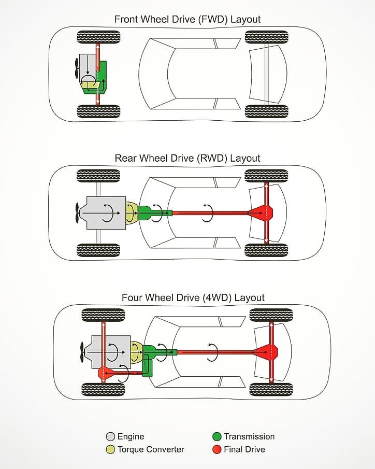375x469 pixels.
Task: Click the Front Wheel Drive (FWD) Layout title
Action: (x=187, y=19)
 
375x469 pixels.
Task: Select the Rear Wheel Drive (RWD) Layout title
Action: (x=187, y=158)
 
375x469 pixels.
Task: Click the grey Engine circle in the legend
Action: (x=110, y=436)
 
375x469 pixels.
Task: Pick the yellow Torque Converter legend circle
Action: (x=110, y=449)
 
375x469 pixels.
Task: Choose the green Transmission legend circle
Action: (x=217, y=436)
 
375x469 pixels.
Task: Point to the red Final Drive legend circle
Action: (x=217, y=449)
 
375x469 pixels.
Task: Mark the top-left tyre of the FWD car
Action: (x=98, y=37)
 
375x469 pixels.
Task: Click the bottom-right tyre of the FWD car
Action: (x=266, y=111)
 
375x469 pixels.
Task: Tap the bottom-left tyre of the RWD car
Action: (x=98, y=250)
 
